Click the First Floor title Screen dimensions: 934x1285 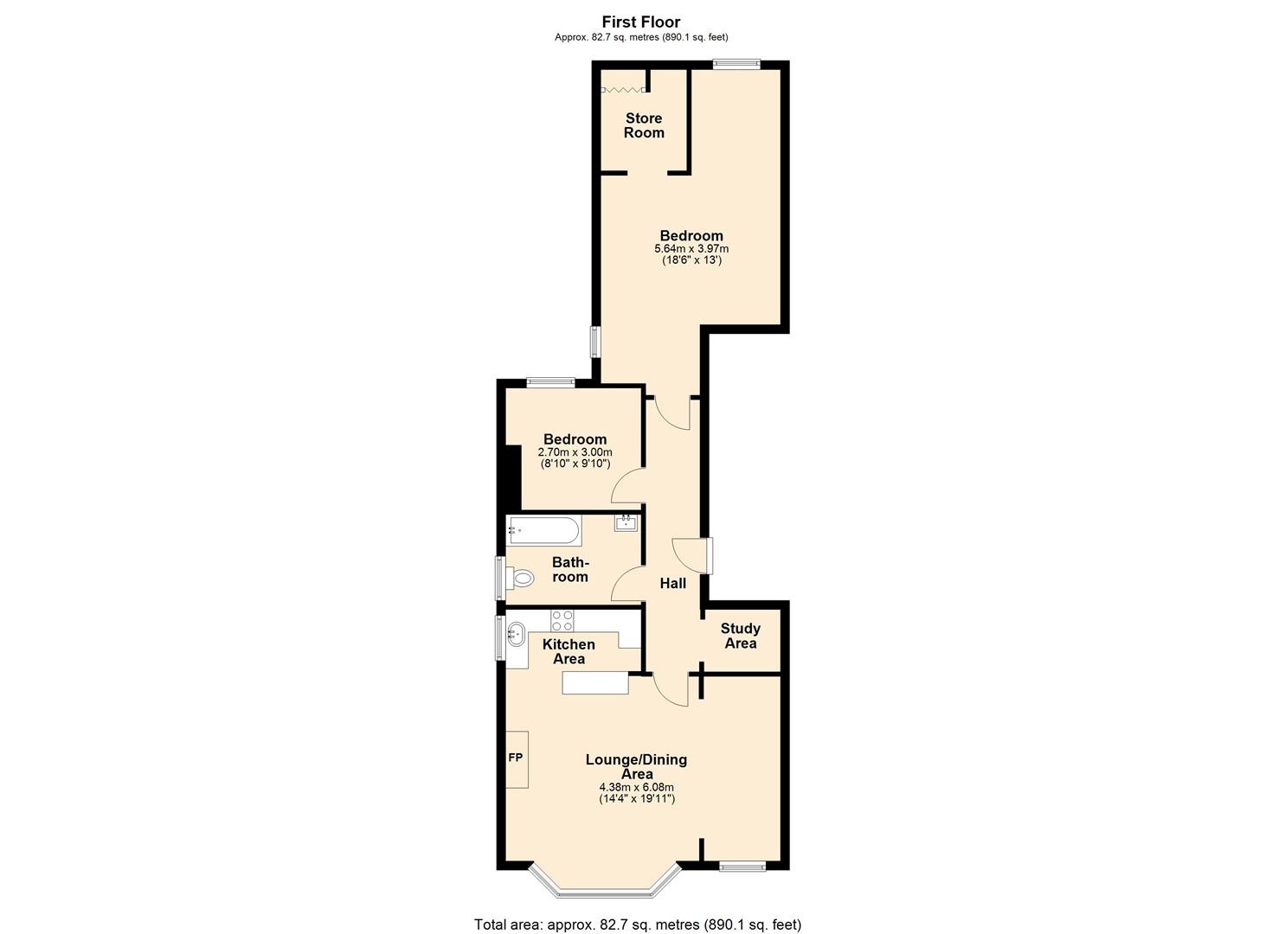[x=641, y=22]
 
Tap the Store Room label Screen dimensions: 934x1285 [x=644, y=125]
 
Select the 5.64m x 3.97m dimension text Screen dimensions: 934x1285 [x=691, y=249]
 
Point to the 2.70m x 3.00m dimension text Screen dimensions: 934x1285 [x=575, y=452]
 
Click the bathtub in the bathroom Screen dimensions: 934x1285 [x=543, y=530]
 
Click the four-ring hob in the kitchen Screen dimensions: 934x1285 [x=562, y=620]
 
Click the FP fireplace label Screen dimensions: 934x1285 [x=516, y=758]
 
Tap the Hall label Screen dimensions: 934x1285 [x=672, y=584]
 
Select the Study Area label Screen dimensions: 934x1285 [x=740, y=636]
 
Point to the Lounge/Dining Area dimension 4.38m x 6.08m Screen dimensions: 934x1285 [x=636, y=787]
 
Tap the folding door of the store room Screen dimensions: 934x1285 [x=624, y=88]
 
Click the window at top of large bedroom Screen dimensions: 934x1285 [x=736, y=63]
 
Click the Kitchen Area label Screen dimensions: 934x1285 [x=569, y=651]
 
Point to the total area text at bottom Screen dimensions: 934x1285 [x=638, y=924]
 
